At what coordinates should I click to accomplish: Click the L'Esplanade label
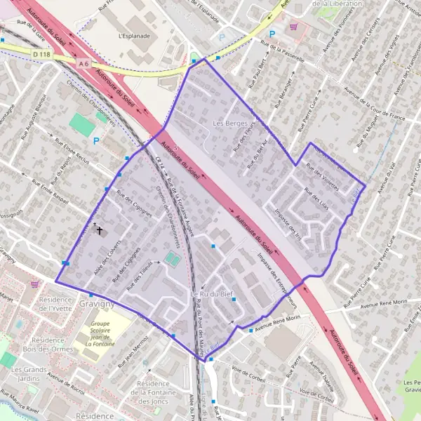pyautogui.click(x=135, y=34)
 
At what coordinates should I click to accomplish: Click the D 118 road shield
pyautogui.click(x=42, y=54)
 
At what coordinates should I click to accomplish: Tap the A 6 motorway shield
pyautogui.click(x=84, y=64)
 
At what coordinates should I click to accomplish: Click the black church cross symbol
pyautogui.click(x=100, y=229)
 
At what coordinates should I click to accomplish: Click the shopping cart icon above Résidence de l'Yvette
pyautogui.click(x=35, y=284)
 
